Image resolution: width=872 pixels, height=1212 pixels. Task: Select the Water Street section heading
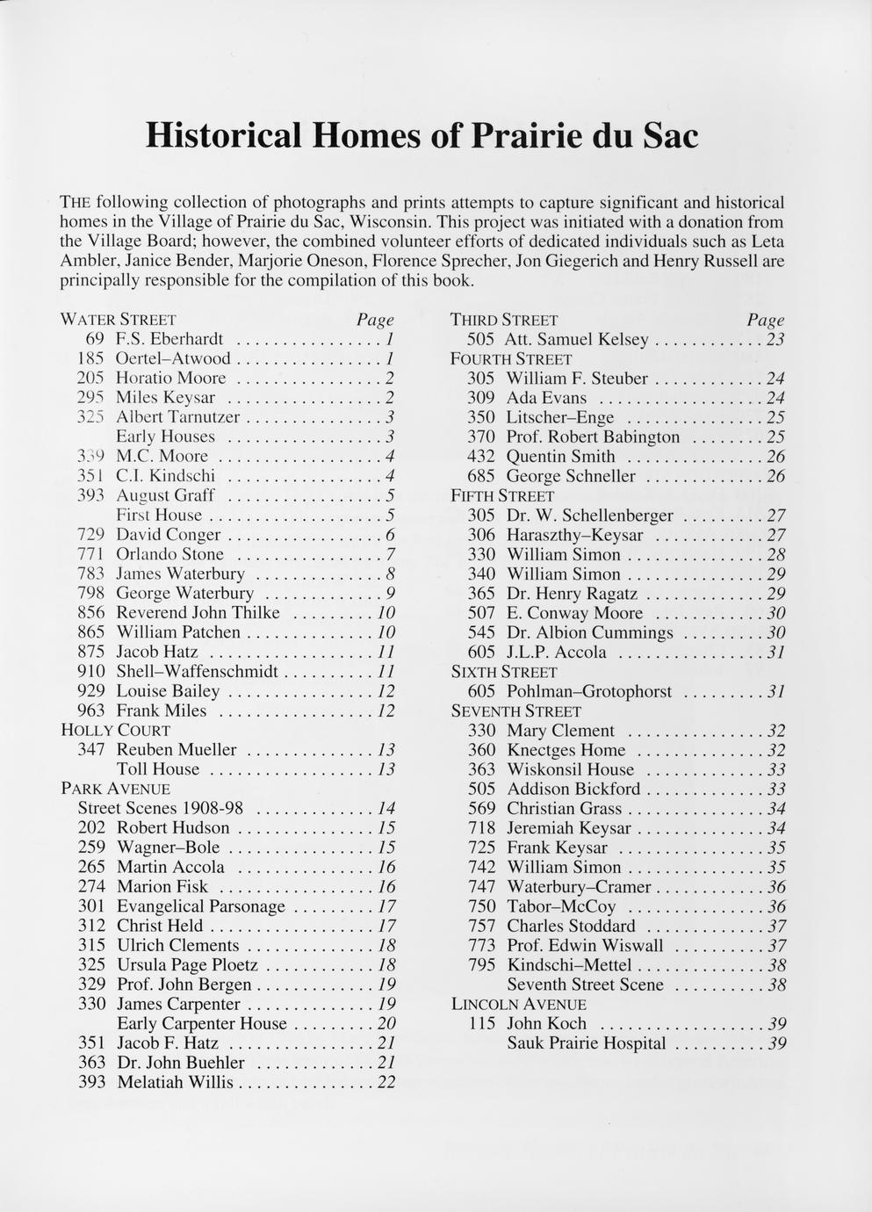119,320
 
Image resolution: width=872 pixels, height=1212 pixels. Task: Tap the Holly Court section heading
115,730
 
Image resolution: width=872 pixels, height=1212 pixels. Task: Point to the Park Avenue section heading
115,789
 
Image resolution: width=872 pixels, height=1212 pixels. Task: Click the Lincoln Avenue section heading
518,1004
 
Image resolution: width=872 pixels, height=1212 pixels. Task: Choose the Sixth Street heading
503,672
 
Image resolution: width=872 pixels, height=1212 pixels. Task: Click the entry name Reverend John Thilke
198,613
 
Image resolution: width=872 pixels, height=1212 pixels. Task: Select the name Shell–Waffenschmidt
197,672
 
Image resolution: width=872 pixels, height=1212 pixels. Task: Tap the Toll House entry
158,769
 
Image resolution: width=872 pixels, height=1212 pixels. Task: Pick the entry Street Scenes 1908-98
161,808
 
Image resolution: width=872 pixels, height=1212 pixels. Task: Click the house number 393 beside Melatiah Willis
92,1082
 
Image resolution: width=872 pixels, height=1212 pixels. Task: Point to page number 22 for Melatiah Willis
386,1083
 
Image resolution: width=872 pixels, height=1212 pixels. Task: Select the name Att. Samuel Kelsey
577,340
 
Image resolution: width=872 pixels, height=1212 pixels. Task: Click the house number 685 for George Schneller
481,477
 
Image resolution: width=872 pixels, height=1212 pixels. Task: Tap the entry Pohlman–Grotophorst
588,692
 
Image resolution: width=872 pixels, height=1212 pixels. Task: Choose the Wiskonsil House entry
570,770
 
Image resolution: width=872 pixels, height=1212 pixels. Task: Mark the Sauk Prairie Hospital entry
586,1043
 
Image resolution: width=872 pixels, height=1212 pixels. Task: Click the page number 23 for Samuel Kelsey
775,340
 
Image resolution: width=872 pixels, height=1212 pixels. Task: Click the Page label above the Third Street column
765,321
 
